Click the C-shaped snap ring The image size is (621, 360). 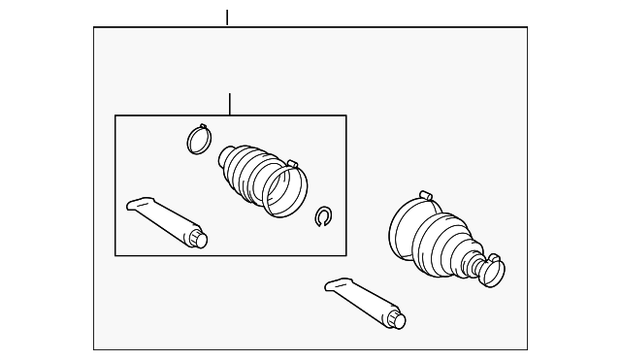click(x=324, y=217)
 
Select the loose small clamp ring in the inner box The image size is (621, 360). click(x=199, y=141)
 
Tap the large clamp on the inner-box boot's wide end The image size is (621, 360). click(x=285, y=190)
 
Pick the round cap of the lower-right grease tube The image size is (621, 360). click(x=397, y=319)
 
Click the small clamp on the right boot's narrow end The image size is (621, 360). click(x=491, y=272)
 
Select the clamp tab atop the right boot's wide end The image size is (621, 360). click(x=425, y=196)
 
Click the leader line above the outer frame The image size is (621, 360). click(x=227, y=17)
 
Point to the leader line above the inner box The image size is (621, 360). click(x=230, y=104)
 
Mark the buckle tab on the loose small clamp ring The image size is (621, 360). click(x=202, y=126)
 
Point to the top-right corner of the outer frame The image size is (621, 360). click(x=527, y=27)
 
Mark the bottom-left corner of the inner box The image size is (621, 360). click(x=115, y=255)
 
